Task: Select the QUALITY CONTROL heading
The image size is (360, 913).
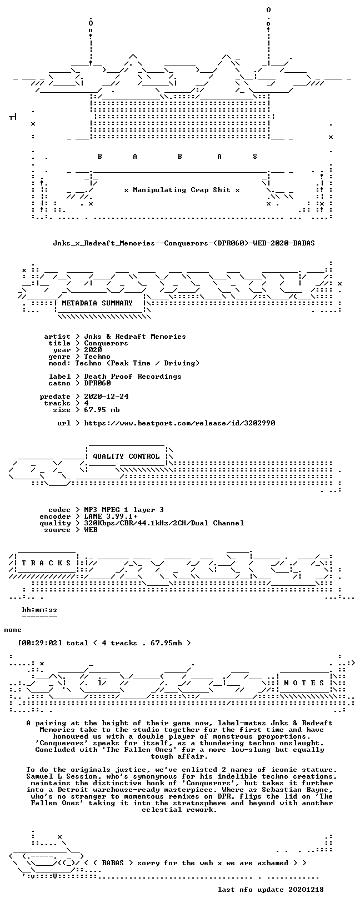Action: coord(126,456)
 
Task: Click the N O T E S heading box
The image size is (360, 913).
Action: coord(304,683)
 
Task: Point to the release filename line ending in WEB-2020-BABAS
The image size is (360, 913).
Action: coord(183,243)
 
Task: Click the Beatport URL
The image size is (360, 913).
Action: coord(179,423)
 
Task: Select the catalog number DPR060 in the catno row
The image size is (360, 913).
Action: coord(97,383)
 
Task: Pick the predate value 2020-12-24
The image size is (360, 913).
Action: coord(106,396)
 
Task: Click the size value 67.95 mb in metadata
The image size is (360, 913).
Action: coord(102,410)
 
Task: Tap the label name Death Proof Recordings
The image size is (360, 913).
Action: coord(133,377)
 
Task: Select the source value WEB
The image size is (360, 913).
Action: coord(91,530)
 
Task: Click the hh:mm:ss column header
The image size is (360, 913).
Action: coord(39,610)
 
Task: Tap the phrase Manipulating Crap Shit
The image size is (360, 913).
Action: coord(182,190)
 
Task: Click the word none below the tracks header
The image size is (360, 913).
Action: coord(13,630)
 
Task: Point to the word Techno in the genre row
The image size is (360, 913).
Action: coord(97,357)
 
